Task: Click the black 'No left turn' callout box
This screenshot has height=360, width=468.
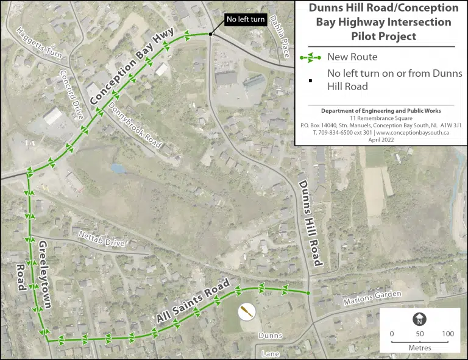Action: point(245,19)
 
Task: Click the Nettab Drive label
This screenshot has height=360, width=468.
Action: point(102,239)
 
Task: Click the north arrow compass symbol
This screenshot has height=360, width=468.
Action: point(420,319)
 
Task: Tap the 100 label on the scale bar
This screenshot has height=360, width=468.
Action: point(448,334)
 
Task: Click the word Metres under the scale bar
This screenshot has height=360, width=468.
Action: point(420,348)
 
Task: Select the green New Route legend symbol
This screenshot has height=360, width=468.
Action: point(310,58)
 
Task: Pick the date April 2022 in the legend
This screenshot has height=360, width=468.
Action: point(383,139)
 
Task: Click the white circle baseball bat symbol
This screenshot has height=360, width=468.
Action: point(246,312)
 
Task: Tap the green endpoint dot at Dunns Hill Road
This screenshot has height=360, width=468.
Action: point(308,294)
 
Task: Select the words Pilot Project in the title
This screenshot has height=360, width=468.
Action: point(383,36)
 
